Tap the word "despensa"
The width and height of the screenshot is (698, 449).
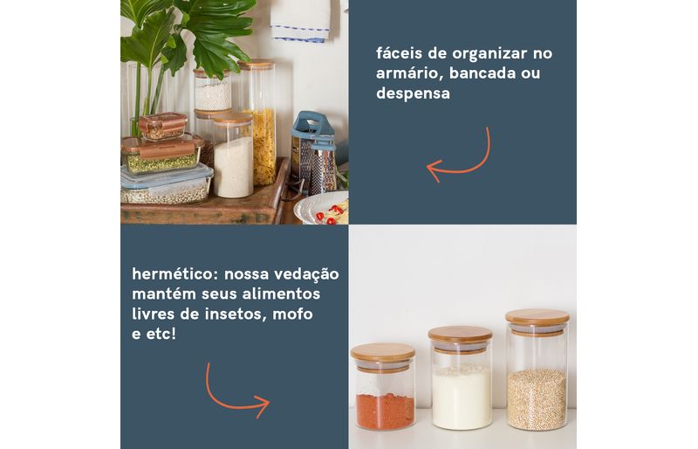click(x=413, y=93)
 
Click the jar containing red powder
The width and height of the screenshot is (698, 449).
click(x=384, y=386)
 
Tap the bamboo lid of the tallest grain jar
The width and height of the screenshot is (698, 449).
click(x=537, y=316)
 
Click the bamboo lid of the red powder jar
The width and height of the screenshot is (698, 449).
click(x=383, y=352)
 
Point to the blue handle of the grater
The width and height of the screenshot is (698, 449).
click(x=312, y=125)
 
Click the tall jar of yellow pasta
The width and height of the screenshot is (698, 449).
click(x=259, y=122)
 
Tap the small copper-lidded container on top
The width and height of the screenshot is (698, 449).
click(x=162, y=125)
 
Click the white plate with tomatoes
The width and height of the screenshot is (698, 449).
click(x=321, y=208)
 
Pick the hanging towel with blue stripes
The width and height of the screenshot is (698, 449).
click(x=301, y=21)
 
